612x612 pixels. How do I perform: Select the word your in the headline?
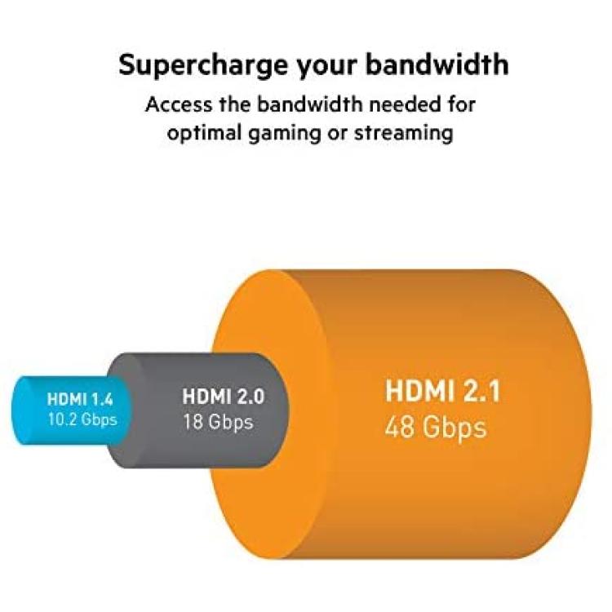[x=326, y=68]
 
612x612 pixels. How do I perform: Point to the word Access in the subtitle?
[x=180, y=104]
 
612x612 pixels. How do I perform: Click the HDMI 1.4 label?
[x=80, y=400]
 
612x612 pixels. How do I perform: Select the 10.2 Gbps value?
[x=82, y=419]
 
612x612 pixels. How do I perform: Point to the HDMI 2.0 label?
[x=224, y=396]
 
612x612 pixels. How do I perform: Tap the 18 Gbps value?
[x=218, y=423]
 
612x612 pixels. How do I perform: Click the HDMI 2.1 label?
[x=442, y=391]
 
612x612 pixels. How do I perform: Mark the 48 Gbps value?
[x=436, y=427]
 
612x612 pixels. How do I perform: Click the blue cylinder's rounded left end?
[x=20, y=410]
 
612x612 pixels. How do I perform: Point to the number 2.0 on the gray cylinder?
[x=248, y=396]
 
